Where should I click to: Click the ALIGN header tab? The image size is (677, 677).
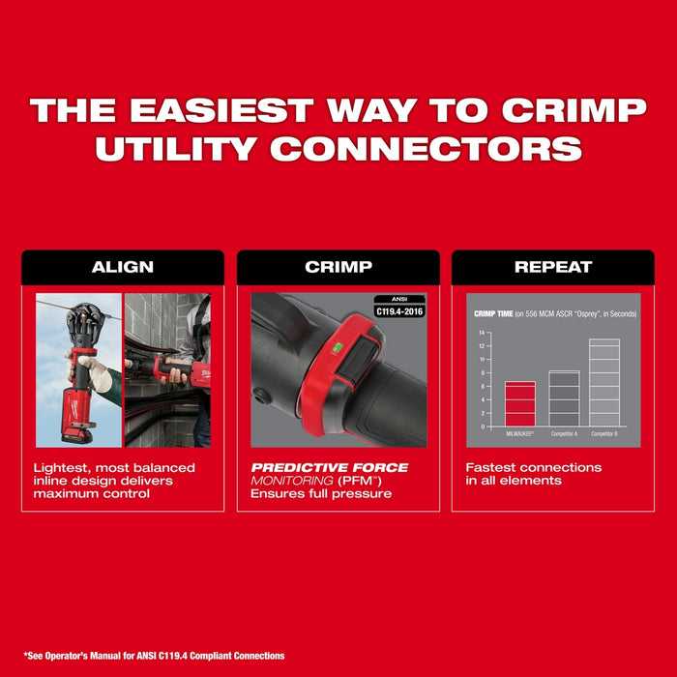coord(122,267)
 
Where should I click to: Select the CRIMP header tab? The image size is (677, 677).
coord(338,267)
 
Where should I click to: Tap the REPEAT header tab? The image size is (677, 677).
coord(553,267)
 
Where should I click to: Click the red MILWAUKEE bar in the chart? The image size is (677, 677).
coord(520,403)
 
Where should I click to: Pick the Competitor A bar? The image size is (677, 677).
coord(564,398)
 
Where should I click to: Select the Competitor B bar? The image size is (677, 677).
coord(603,382)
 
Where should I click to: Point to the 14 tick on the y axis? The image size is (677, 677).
coord(482,333)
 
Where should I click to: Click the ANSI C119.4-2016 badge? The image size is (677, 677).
coord(399,306)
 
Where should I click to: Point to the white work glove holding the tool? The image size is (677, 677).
coord(94,372)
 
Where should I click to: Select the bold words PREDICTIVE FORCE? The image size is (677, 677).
coord(329,468)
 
